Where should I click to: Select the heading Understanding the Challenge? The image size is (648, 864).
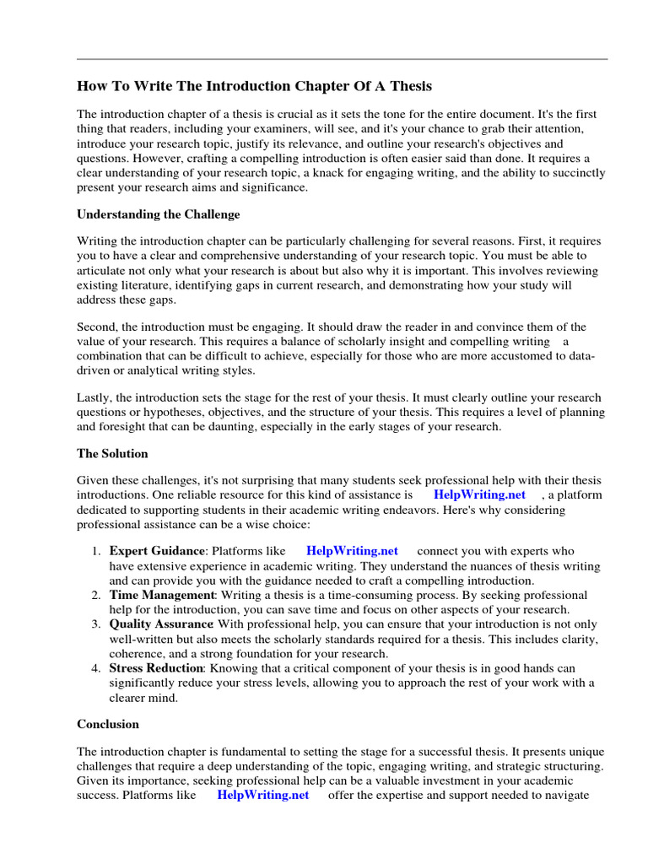click(159, 214)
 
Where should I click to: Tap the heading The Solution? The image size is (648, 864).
click(112, 453)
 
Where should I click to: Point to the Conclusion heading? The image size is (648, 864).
click(108, 724)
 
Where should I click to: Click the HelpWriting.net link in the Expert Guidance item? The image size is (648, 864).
click(352, 551)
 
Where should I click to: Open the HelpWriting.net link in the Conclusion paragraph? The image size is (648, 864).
click(262, 795)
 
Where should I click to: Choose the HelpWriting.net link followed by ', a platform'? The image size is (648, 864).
click(479, 494)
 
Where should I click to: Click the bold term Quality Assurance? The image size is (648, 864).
click(161, 624)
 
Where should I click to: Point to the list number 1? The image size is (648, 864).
click(95, 551)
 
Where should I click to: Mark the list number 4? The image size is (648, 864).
click(95, 668)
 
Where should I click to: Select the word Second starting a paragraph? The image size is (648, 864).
click(97, 327)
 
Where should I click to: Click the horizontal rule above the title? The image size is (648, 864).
click(342, 59)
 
